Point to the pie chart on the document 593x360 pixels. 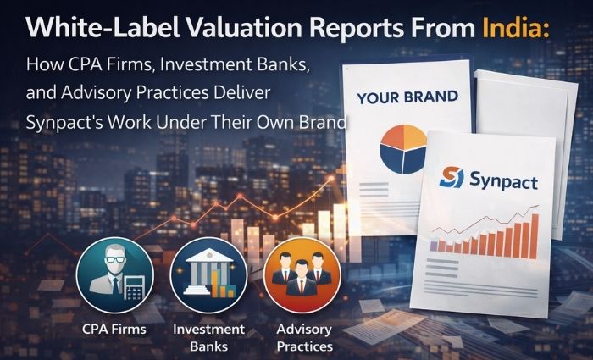pyautogui.click(x=403, y=147)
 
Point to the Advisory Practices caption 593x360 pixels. pyautogui.click(x=304, y=337)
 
